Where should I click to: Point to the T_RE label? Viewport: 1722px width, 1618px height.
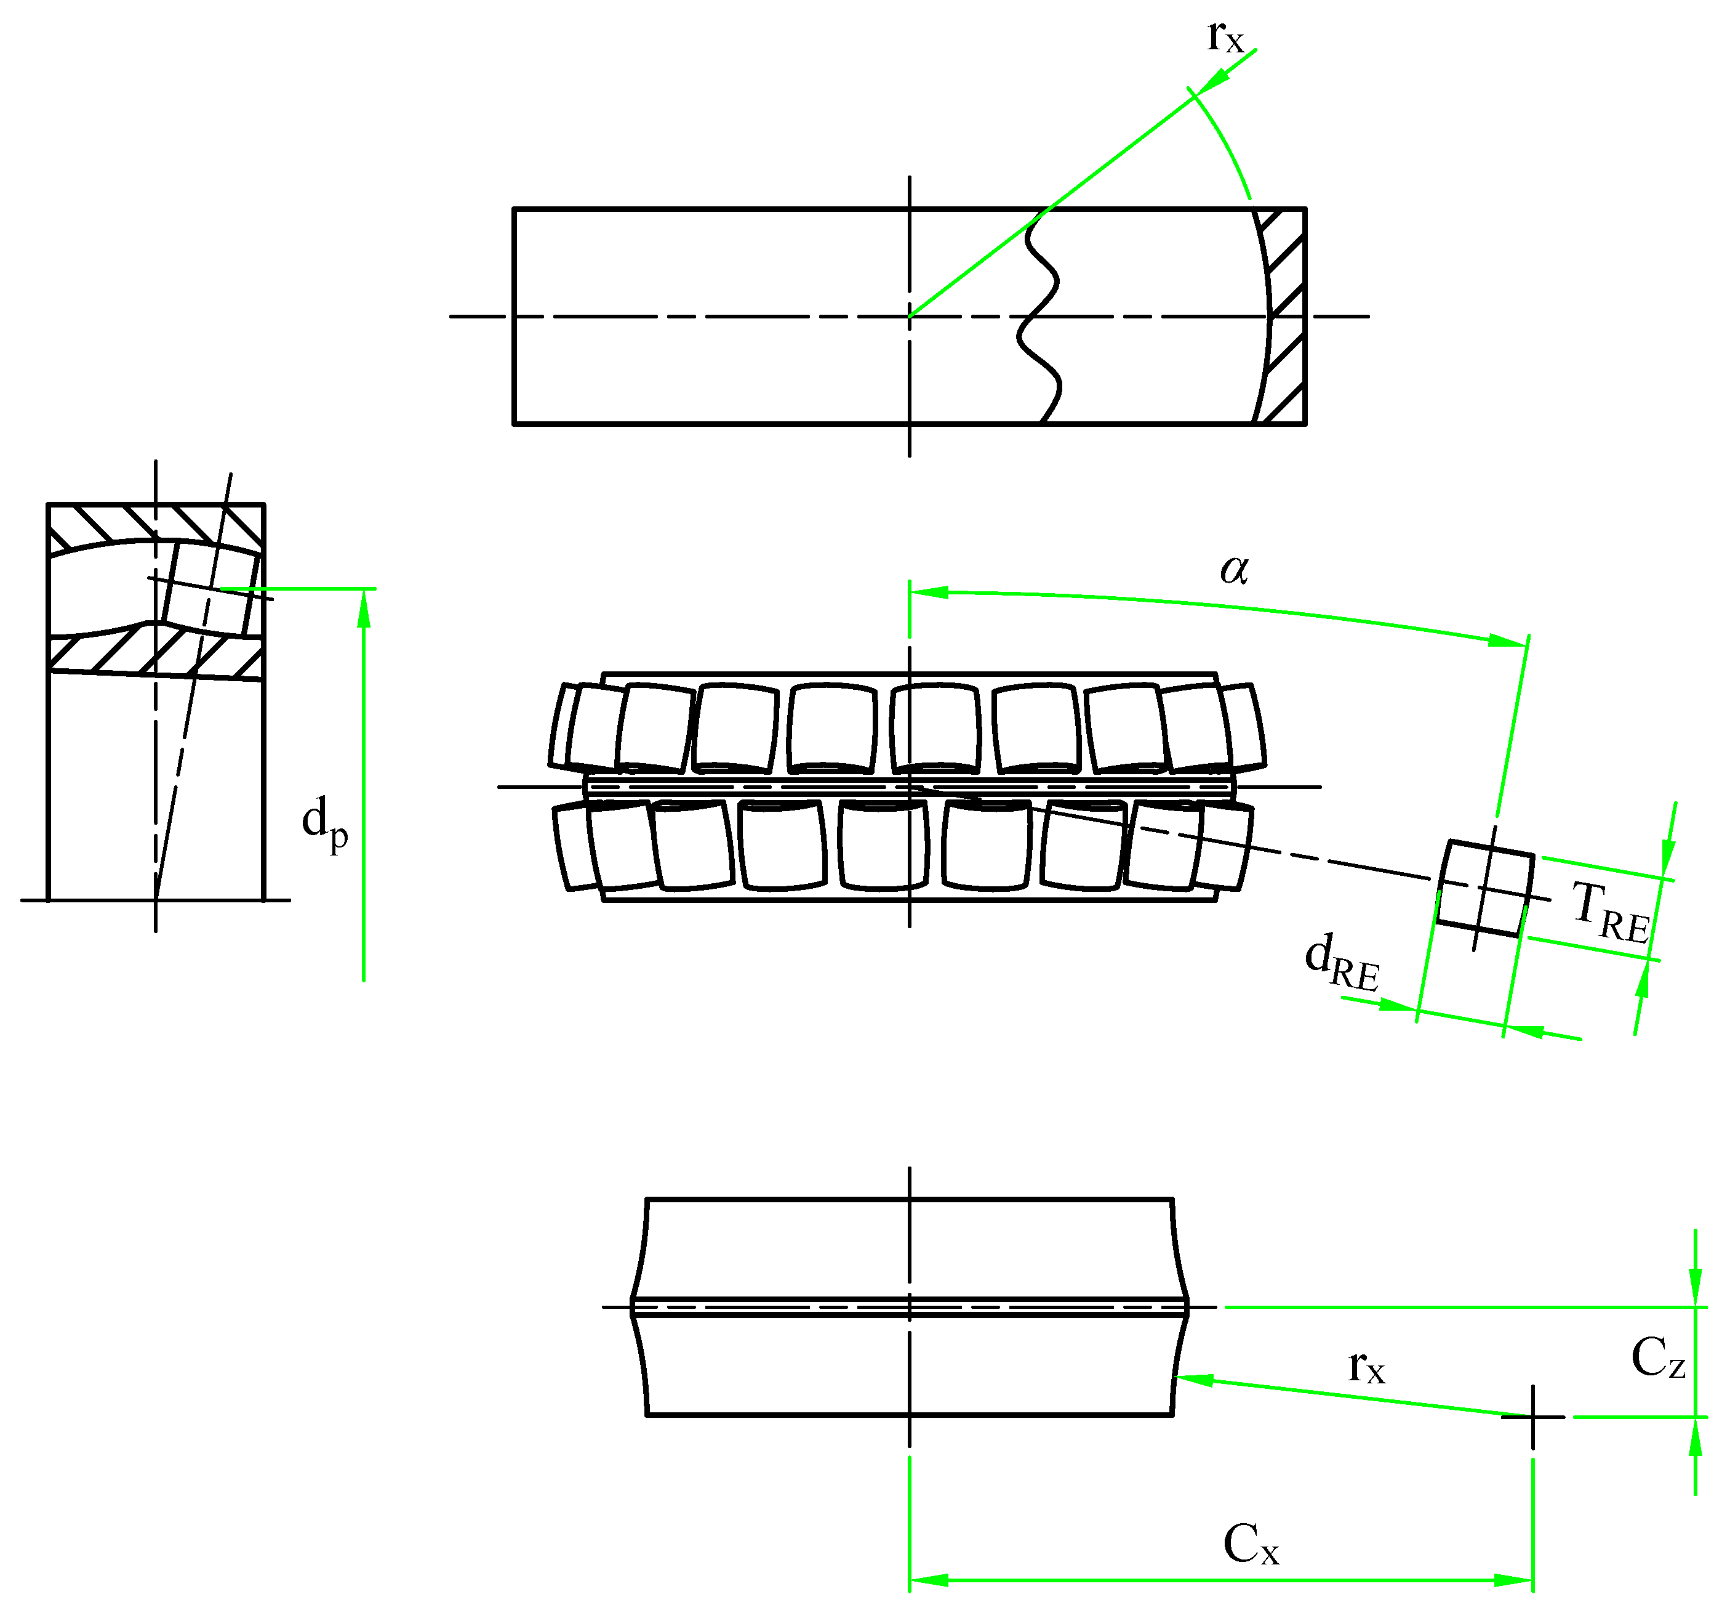[1610, 912]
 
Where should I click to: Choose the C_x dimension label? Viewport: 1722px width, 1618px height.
[1250, 1543]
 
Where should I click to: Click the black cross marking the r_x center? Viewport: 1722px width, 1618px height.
[1532, 1417]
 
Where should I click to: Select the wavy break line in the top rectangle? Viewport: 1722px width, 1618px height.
[1040, 317]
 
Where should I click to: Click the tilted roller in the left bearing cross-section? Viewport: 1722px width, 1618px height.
[210, 589]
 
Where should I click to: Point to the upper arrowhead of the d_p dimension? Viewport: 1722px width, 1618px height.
[364, 609]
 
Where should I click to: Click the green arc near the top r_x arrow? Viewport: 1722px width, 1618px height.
[1226, 143]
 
